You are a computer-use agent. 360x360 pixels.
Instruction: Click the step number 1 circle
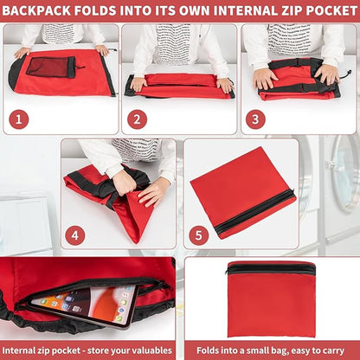(x=19, y=119)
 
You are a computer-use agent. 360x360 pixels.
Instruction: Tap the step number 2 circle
(x=137, y=119)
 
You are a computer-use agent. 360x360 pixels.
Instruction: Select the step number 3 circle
(x=255, y=119)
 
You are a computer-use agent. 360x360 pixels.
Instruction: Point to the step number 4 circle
(x=75, y=235)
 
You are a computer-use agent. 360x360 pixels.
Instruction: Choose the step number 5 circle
(x=199, y=235)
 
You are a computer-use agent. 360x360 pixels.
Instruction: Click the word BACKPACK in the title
(x=36, y=10)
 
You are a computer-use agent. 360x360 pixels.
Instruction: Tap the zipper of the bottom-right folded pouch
(x=270, y=268)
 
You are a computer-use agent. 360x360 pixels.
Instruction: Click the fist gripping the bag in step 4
(x=124, y=183)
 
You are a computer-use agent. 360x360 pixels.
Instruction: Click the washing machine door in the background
(x=344, y=172)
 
